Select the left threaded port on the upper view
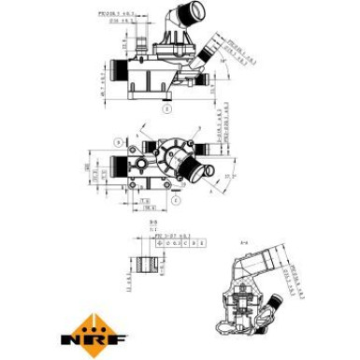click(x=117, y=71)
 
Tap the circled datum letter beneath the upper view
click(x=166, y=108)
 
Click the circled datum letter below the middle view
click(x=174, y=200)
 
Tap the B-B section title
click(x=155, y=222)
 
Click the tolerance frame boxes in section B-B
click(x=178, y=242)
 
